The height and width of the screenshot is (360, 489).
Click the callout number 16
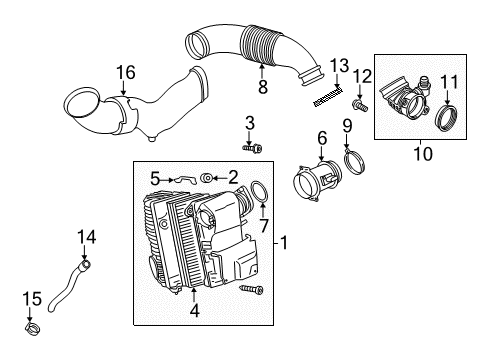coord(126,73)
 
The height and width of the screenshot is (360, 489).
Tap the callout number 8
coord(263,87)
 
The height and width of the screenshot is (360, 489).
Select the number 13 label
coord(339,65)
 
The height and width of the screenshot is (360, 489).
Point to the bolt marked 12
coord(360,106)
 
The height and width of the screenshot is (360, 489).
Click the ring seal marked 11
coord(447,118)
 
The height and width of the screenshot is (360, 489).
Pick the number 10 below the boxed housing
coord(423,154)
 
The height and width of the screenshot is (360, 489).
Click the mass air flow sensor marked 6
coord(317,181)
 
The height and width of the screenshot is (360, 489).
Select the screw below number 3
coord(252,148)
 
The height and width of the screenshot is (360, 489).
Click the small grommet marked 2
coord(206,178)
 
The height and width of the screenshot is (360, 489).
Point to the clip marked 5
coord(184,180)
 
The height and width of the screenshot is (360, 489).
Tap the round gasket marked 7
coord(259,192)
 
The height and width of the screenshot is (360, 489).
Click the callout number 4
coord(194,310)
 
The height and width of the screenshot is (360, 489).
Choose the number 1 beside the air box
coord(284,243)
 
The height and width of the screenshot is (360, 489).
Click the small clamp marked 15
coord(33,328)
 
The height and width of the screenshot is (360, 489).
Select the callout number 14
coord(87,237)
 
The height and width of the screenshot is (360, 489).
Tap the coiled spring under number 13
coord(328,97)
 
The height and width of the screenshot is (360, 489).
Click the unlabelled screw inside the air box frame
coord(251,289)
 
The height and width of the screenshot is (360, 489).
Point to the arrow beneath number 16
coord(124,88)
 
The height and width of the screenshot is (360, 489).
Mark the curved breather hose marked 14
coord(67,287)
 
